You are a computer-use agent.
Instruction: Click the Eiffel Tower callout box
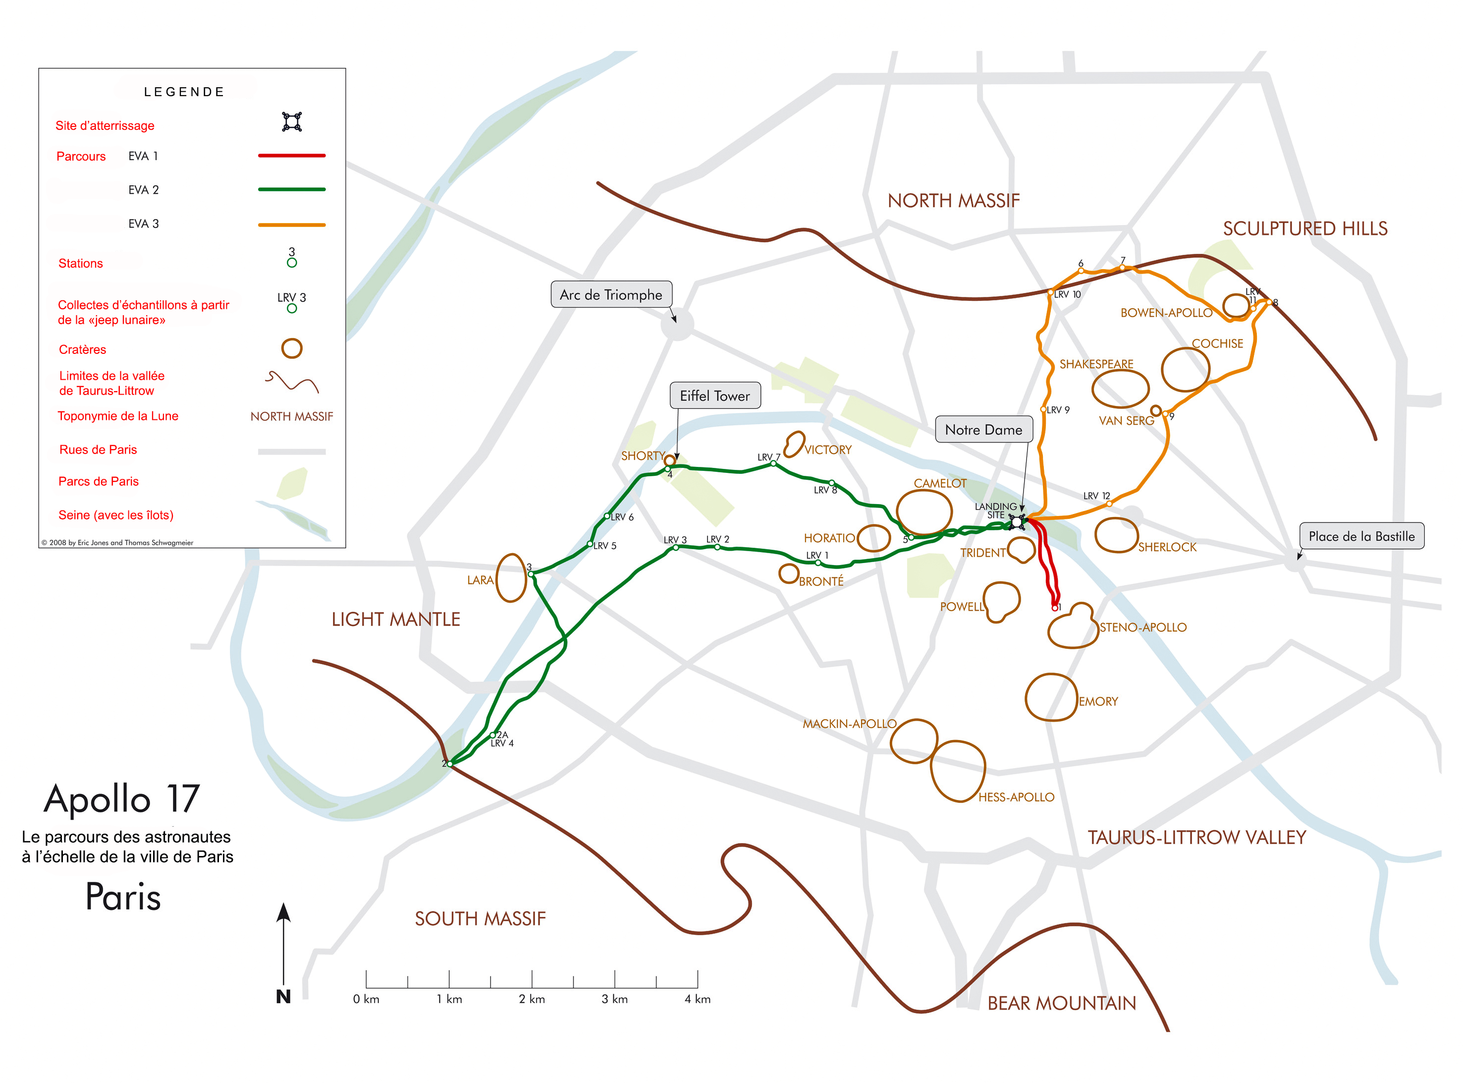tap(715, 396)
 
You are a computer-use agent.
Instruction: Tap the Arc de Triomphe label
tap(611, 294)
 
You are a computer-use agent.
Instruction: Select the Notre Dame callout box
tap(983, 429)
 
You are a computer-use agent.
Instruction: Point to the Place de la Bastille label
tap(1361, 536)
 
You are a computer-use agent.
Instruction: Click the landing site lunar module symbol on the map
tap(1016, 522)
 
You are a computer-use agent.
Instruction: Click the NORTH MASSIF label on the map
tap(953, 201)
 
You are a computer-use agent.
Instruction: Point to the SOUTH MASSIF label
tap(480, 918)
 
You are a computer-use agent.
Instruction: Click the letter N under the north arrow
tap(283, 996)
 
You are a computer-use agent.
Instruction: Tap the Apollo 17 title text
tap(122, 798)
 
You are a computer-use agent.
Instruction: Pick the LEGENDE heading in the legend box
tap(184, 92)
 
